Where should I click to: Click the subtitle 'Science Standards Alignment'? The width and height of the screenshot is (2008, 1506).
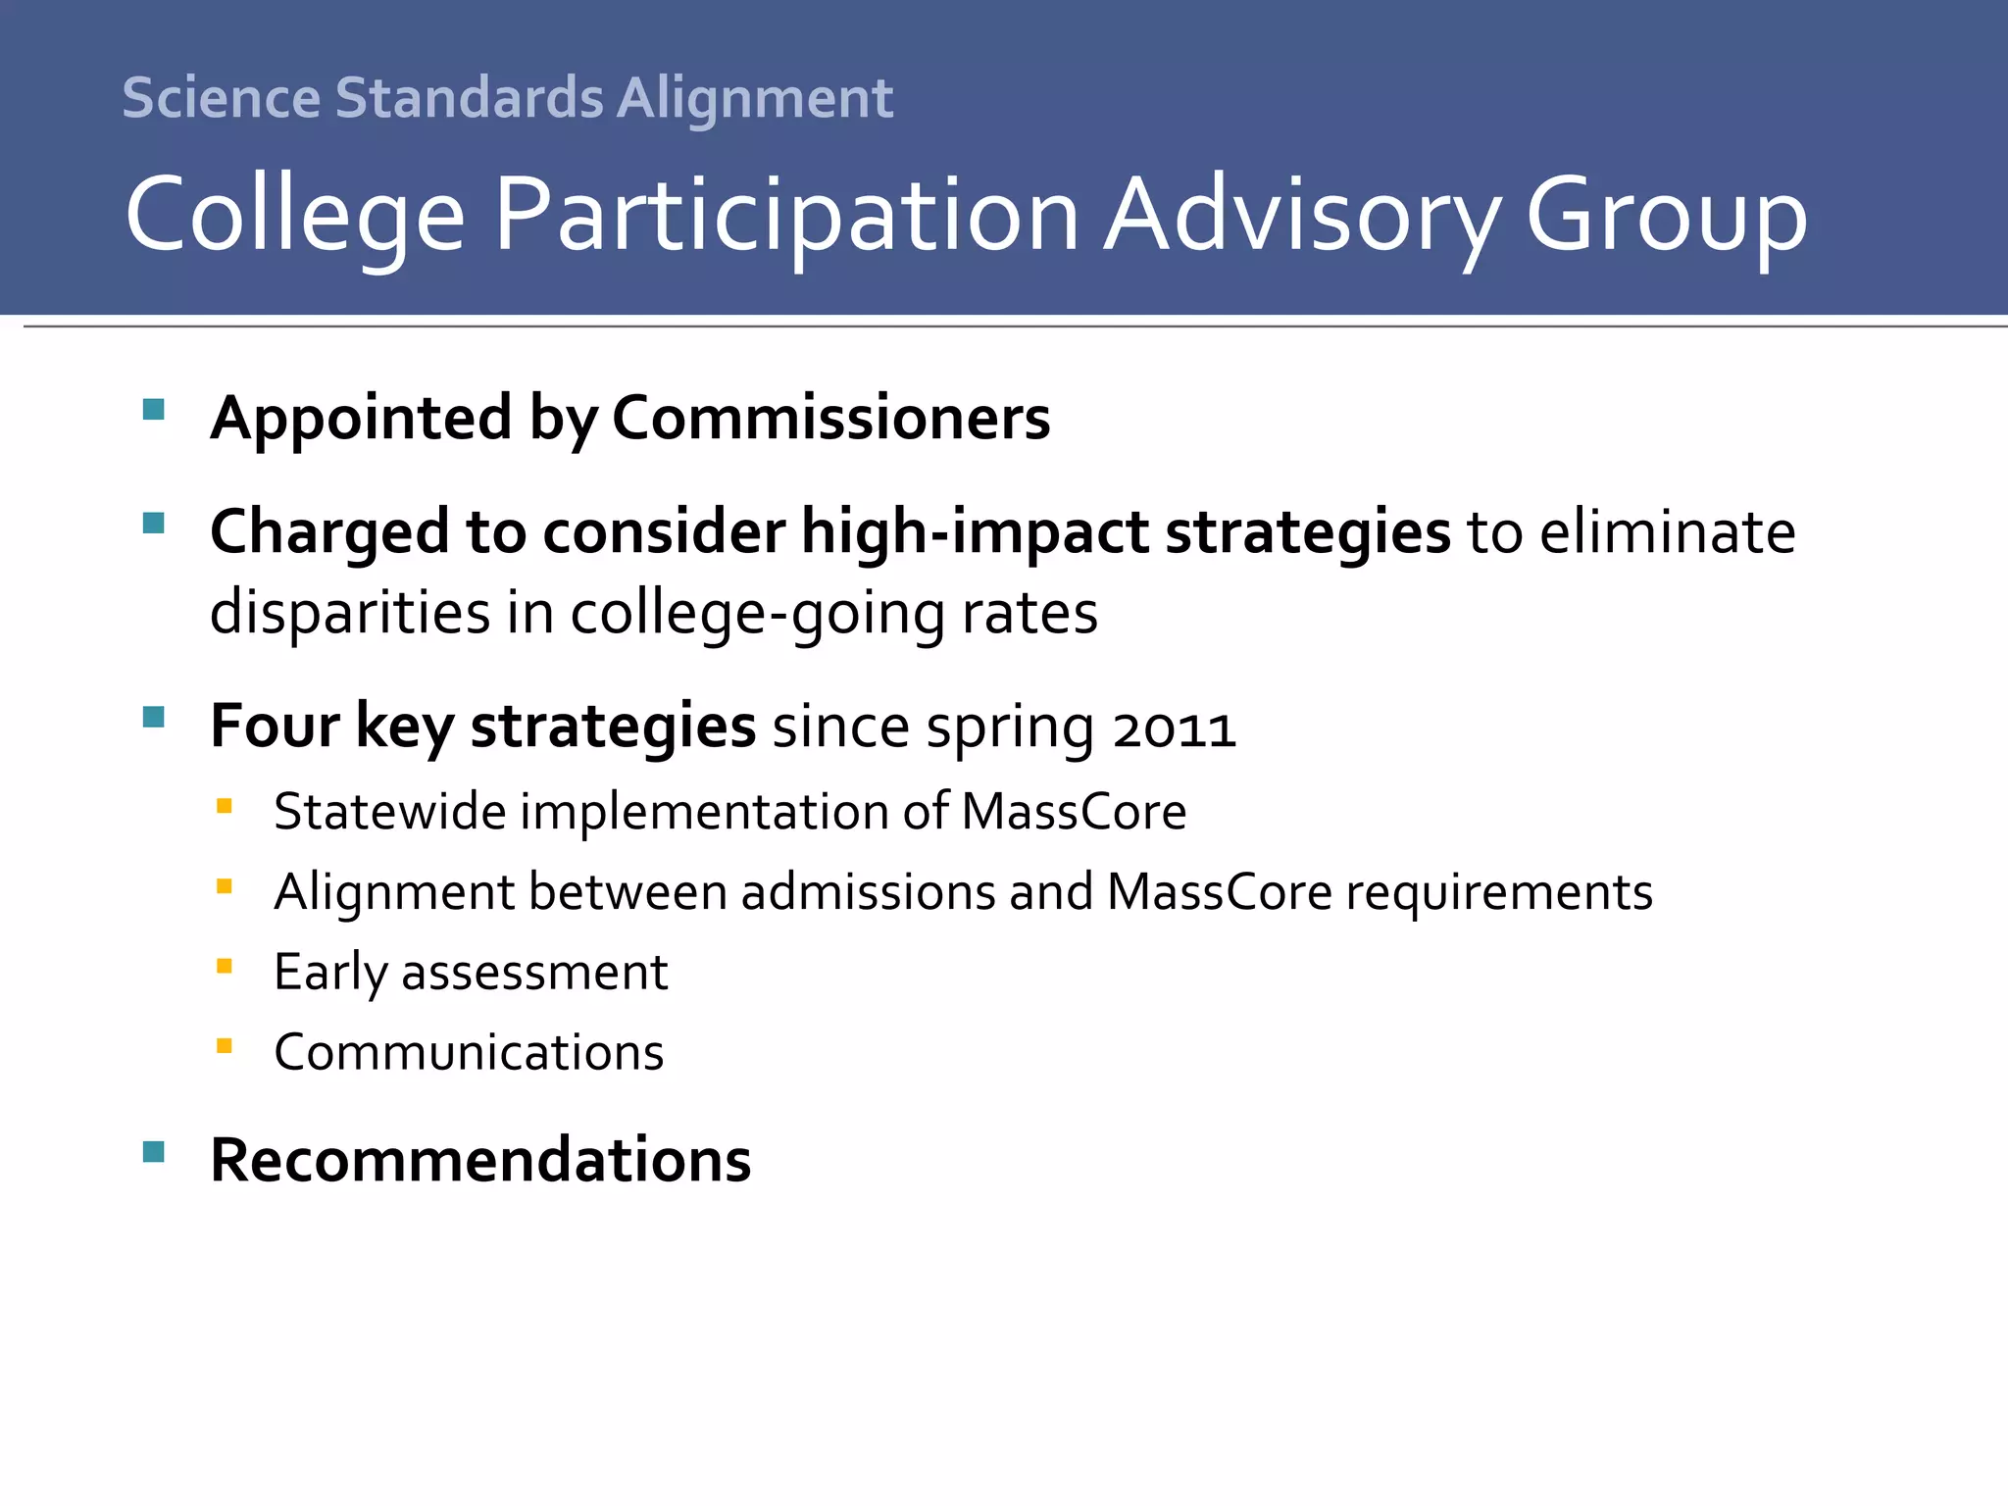[x=507, y=98]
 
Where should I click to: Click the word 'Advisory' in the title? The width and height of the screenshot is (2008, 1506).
[x=1302, y=216]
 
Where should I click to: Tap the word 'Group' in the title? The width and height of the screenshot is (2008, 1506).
[x=1666, y=216]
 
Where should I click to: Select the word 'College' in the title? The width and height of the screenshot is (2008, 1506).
[x=295, y=216]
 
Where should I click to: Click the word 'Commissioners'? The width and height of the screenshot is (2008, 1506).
[x=830, y=419]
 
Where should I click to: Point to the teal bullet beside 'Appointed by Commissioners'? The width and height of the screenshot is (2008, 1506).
[x=154, y=409]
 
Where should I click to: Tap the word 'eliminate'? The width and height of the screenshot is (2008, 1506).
[x=1667, y=532]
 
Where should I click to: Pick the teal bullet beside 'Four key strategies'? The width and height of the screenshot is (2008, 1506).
[x=154, y=717]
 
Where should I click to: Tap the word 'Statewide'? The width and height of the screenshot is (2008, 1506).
[x=389, y=812]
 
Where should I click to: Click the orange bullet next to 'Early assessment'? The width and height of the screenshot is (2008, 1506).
[x=225, y=966]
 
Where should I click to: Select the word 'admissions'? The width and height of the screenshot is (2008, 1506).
[x=868, y=892]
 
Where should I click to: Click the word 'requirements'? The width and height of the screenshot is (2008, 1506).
[x=1499, y=892]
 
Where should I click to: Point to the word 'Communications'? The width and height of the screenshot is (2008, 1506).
[x=469, y=1053]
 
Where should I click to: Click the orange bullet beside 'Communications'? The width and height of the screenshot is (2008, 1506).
[x=225, y=1046]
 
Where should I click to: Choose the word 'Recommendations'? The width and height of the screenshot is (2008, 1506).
[x=480, y=1161]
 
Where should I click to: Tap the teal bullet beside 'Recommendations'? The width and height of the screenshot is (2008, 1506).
[x=154, y=1151]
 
